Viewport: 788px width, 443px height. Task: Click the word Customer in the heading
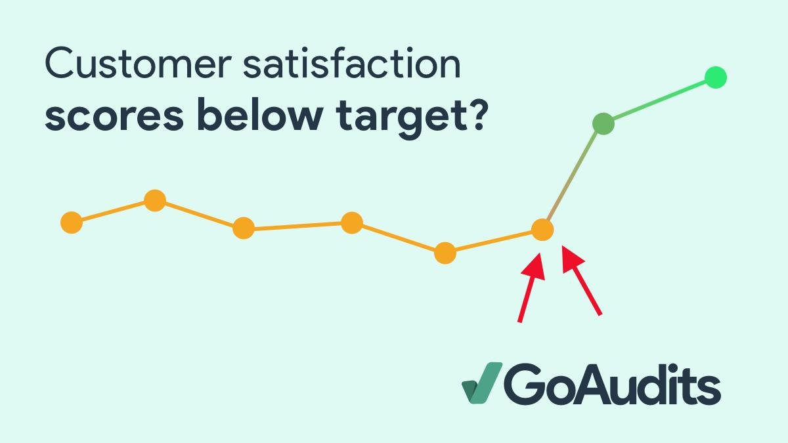point(138,63)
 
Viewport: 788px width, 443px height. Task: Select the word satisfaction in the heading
point(352,62)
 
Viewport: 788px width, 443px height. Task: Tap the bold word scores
point(114,116)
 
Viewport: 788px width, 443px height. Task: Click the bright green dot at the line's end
point(716,77)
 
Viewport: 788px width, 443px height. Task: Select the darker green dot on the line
point(603,124)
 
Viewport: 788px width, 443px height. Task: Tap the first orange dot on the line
point(72,222)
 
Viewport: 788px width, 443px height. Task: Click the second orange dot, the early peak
point(155,200)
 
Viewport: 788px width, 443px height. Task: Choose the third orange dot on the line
point(244,228)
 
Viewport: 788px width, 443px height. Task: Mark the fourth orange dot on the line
point(352,222)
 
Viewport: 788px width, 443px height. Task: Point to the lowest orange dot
point(445,253)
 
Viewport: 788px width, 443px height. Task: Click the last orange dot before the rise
point(542,230)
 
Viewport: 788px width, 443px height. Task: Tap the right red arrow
point(582,280)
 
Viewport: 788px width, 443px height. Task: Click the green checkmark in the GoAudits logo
point(482,383)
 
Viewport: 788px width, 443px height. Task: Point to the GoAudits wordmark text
point(612,384)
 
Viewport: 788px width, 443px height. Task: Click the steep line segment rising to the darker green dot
point(573,177)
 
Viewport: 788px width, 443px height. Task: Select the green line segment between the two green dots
point(659,100)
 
